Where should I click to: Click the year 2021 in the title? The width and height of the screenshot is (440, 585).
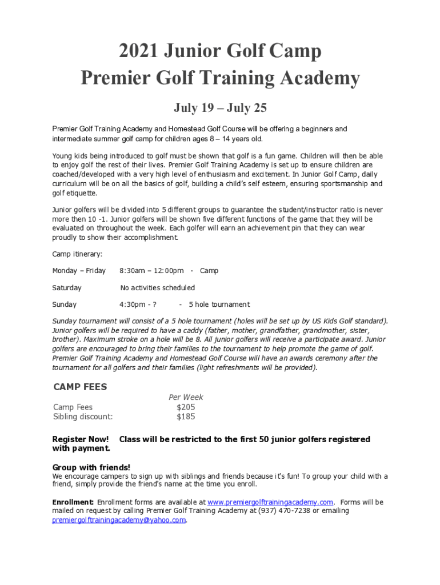tap(138, 51)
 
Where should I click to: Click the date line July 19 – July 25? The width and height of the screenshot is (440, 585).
tap(220, 107)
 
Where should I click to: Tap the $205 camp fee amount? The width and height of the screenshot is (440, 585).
tap(186, 407)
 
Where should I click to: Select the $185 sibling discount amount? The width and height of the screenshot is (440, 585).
tap(186, 416)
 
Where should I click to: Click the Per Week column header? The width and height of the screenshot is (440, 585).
tap(186, 397)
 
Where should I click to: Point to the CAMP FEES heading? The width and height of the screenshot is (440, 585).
tap(80, 387)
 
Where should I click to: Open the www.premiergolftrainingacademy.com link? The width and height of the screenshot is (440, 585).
tap(270, 502)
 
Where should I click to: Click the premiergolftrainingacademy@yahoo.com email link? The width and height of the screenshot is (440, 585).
tap(119, 520)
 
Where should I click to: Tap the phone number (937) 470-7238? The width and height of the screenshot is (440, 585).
tap(286, 511)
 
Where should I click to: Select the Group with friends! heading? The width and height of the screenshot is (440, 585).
tap(91, 467)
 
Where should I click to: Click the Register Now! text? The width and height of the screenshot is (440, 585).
tap(81, 439)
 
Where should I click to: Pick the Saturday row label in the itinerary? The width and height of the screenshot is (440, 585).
tap(67, 287)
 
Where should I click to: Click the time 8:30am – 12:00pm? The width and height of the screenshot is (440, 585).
tap(151, 270)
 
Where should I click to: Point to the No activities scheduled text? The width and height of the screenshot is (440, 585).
tap(157, 287)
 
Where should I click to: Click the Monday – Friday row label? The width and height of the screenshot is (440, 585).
tap(79, 270)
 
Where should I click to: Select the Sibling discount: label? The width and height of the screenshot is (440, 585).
tap(83, 416)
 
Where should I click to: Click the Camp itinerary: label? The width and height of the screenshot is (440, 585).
tap(77, 254)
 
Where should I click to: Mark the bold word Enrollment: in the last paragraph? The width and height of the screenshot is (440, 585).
tap(73, 502)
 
